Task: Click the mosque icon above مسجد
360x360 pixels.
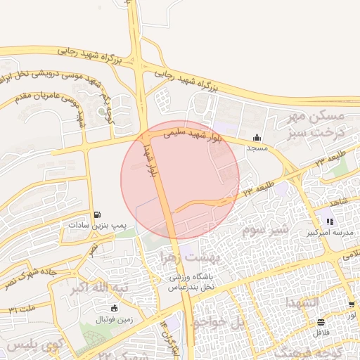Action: (x=257, y=138)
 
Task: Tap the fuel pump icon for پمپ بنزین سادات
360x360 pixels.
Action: (x=96, y=214)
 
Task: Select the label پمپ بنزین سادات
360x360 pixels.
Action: (x=96, y=225)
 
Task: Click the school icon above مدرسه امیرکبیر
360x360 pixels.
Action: (x=329, y=221)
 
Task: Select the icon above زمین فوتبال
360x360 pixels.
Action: (x=115, y=308)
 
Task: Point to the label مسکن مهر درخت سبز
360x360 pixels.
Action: (x=320, y=123)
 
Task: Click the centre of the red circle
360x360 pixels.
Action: (x=180, y=180)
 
